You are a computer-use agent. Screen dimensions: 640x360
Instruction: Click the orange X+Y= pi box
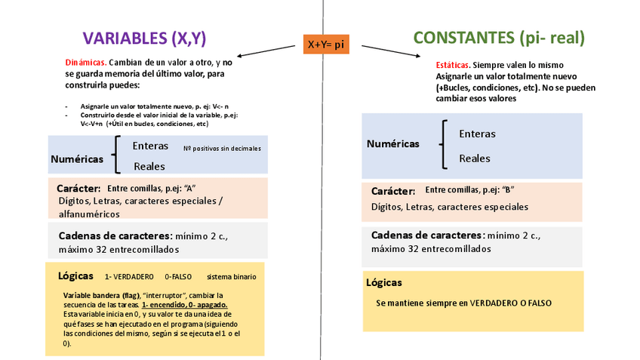point(325,45)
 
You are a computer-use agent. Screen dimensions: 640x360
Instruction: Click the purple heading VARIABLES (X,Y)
point(143,38)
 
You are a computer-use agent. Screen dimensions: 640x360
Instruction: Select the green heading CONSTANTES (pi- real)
point(499,38)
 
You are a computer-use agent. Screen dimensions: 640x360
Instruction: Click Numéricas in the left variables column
point(77,159)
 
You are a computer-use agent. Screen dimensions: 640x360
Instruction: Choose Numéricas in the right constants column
point(393,143)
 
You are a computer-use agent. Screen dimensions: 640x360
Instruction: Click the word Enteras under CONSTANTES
point(477,134)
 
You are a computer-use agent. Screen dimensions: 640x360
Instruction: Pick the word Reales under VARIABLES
point(149,166)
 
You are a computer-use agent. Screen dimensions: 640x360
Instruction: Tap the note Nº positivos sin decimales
point(222,149)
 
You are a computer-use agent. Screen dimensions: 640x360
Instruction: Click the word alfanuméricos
point(89,214)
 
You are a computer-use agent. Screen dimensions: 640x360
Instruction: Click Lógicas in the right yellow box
point(383,282)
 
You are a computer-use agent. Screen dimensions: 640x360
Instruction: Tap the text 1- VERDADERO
point(129,277)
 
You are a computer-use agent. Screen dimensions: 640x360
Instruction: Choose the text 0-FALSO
point(180,277)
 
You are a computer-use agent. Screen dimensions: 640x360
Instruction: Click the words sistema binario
point(232,277)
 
